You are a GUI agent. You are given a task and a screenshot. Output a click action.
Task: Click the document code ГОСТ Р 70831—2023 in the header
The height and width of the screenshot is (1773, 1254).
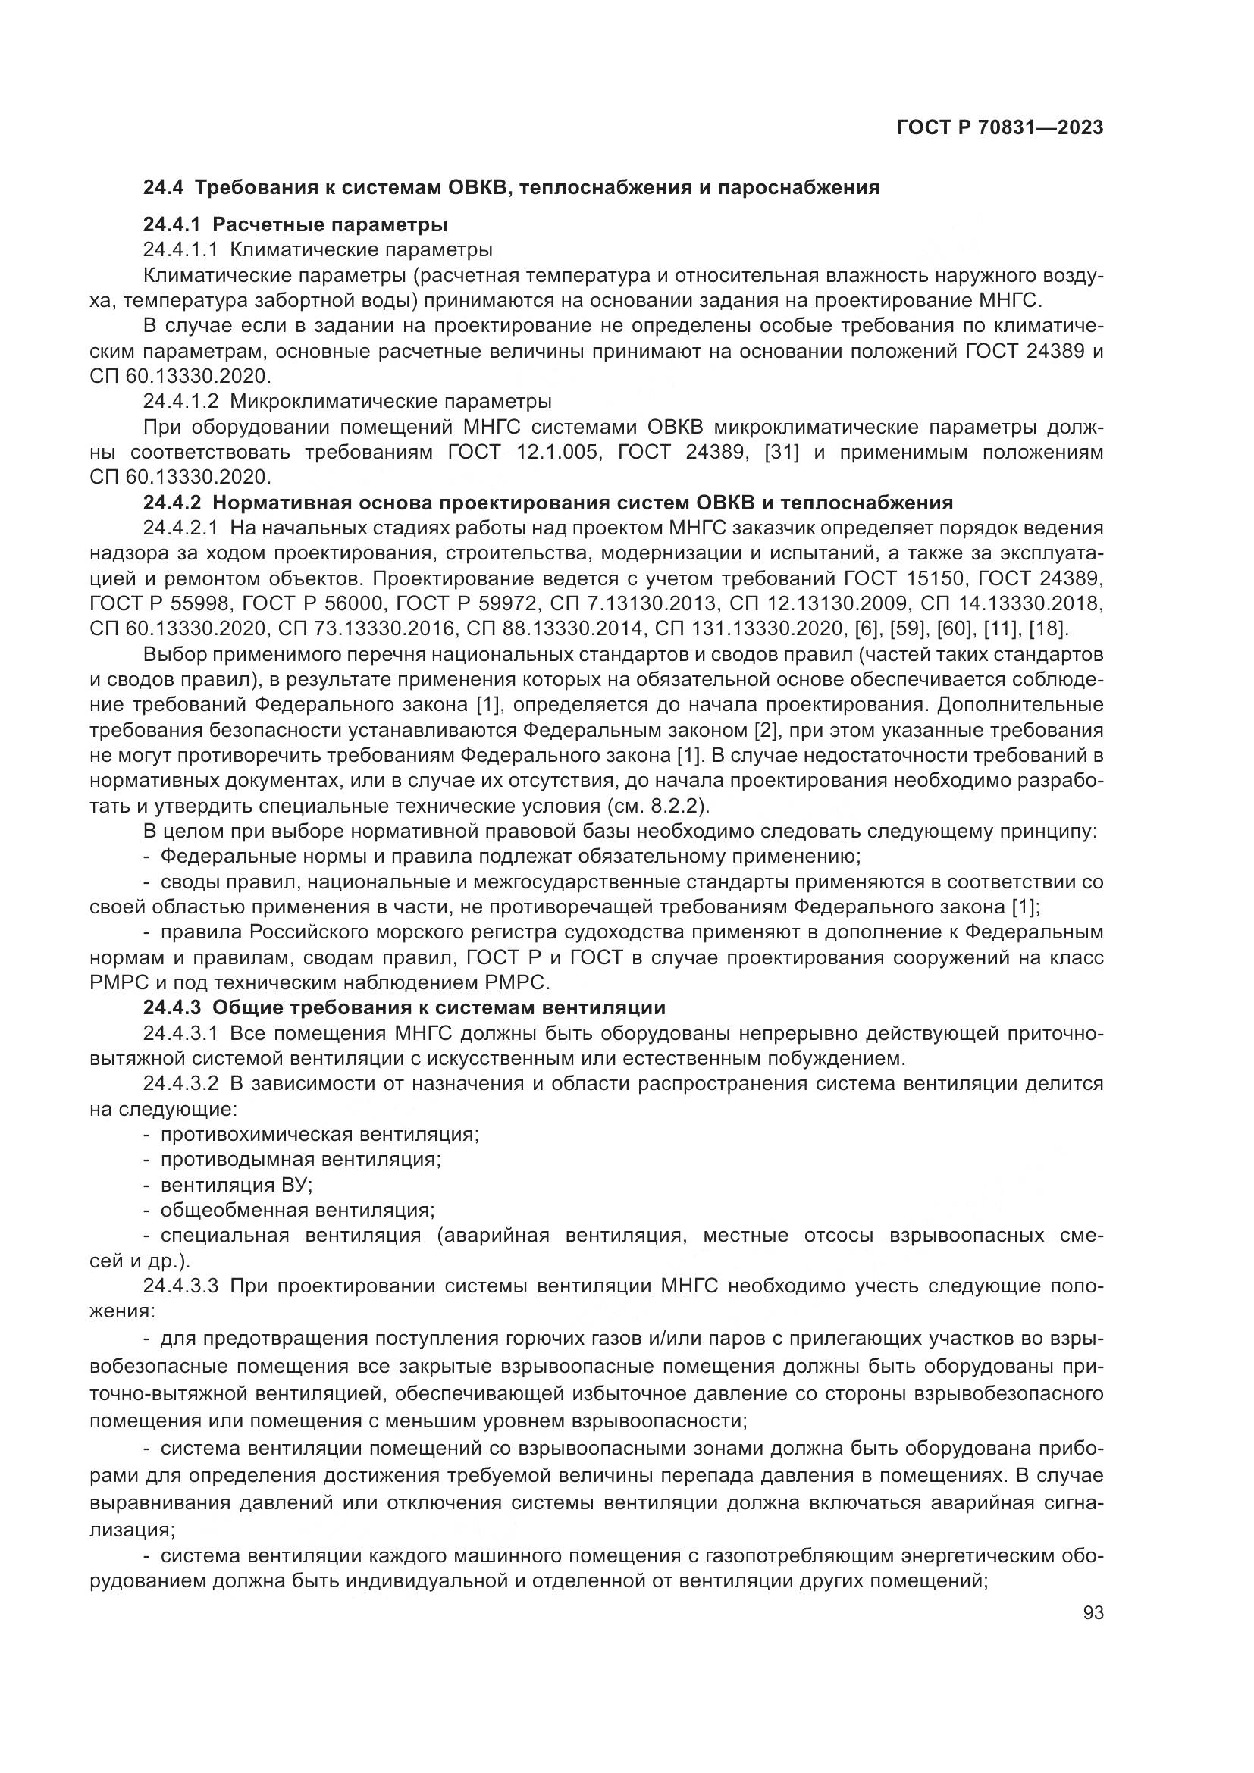999,128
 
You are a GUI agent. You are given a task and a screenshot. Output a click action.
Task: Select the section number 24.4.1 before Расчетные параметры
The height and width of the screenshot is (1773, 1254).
171,224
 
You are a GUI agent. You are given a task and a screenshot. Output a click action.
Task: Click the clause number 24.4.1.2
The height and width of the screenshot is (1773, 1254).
180,402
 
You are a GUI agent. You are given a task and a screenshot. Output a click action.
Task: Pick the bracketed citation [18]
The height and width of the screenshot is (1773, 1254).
1046,628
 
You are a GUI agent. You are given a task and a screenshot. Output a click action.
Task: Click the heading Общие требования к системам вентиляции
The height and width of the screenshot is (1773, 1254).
438,1007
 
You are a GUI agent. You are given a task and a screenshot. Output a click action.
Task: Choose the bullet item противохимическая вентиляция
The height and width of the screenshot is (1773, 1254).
320,1135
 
